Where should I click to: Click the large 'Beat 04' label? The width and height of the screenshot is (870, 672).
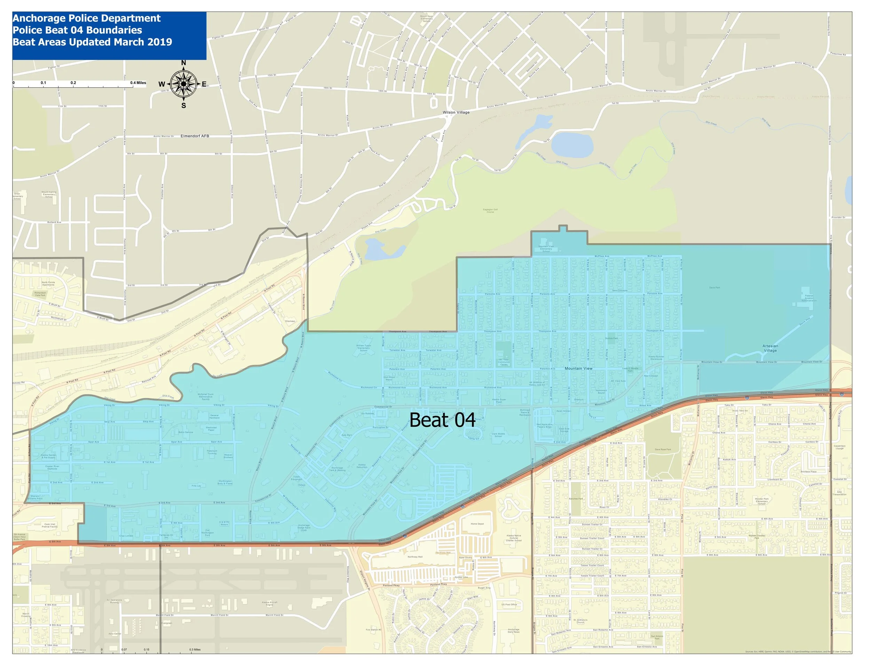point(442,420)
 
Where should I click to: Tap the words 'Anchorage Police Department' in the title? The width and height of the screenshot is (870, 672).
point(86,18)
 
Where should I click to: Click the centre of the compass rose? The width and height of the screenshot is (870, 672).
point(183,83)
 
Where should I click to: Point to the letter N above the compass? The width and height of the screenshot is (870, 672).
point(184,63)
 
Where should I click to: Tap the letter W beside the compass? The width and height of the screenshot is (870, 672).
point(162,84)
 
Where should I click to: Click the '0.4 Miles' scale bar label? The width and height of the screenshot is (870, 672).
point(138,83)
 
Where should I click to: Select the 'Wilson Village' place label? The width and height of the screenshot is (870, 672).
point(456,112)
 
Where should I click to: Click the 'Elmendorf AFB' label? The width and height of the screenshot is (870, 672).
point(195,136)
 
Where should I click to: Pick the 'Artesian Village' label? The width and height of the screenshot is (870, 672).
point(770,348)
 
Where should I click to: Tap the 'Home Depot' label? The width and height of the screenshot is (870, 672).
point(477,524)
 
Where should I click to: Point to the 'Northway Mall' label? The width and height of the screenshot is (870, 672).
point(415,557)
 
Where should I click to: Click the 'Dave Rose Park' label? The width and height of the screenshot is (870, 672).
point(663,449)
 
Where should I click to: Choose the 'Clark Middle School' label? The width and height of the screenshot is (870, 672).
point(498,435)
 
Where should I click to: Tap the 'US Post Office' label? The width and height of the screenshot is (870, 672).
point(509,604)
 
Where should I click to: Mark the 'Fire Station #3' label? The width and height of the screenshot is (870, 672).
point(374,630)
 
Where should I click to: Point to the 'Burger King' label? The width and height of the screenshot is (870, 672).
point(484,587)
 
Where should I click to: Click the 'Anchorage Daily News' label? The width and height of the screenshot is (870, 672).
point(514,631)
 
